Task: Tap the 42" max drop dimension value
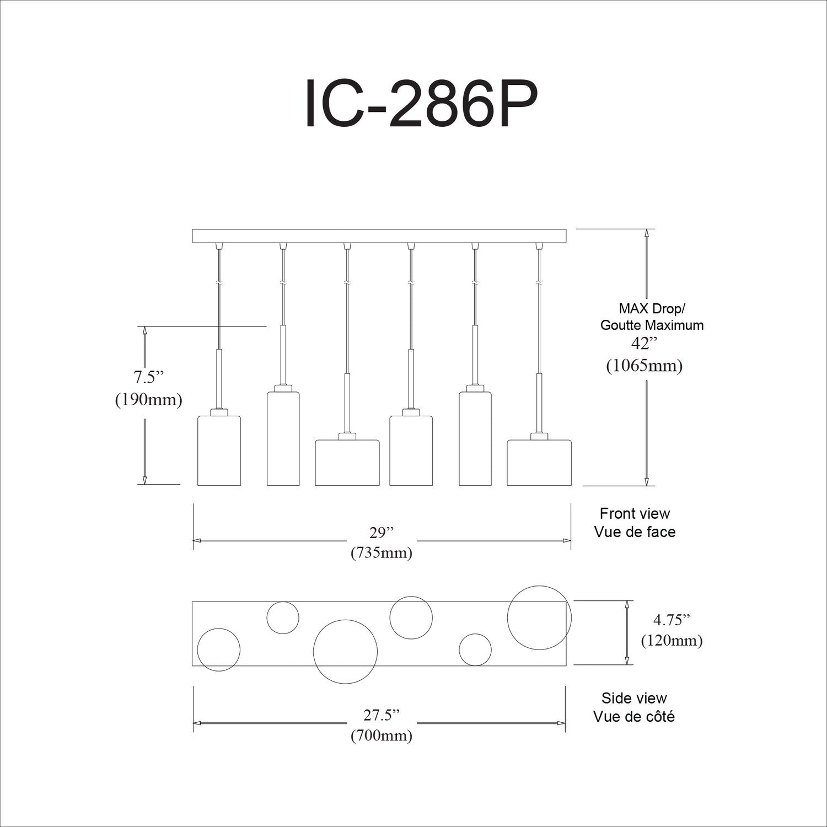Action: tap(644, 343)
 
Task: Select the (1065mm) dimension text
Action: tap(644, 365)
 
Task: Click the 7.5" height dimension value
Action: tap(149, 378)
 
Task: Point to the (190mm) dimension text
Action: tap(148, 400)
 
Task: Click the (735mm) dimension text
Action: tap(382, 552)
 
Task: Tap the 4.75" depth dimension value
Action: tap(672, 620)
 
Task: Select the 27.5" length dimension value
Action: tap(382, 715)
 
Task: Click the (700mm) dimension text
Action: tap(382, 735)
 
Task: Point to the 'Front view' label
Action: tap(635, 513)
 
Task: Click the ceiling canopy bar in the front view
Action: tap(379, 236)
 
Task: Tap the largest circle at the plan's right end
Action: tap(539, 617)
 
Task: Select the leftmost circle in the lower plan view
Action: tap(219, 649)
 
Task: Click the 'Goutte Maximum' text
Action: tap(652, 325)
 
